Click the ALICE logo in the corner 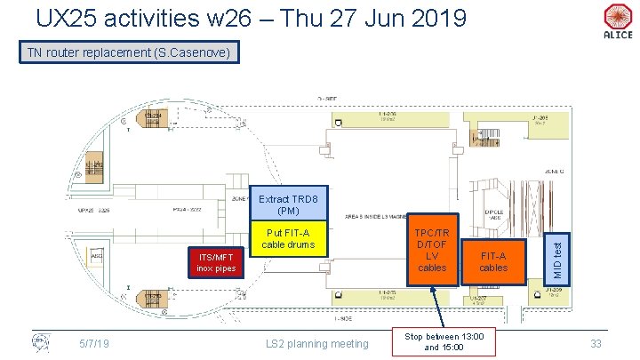click(x=617, y=21)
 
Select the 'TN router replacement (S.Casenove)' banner click(x=129, y=53)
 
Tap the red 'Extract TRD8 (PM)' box click(x=288, y=204)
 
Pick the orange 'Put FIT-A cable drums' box click(x=288, y=238)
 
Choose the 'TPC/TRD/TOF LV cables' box click(x=432, y=250)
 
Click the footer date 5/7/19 click(x=93, y=343)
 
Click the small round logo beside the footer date click(x=40, y=341)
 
